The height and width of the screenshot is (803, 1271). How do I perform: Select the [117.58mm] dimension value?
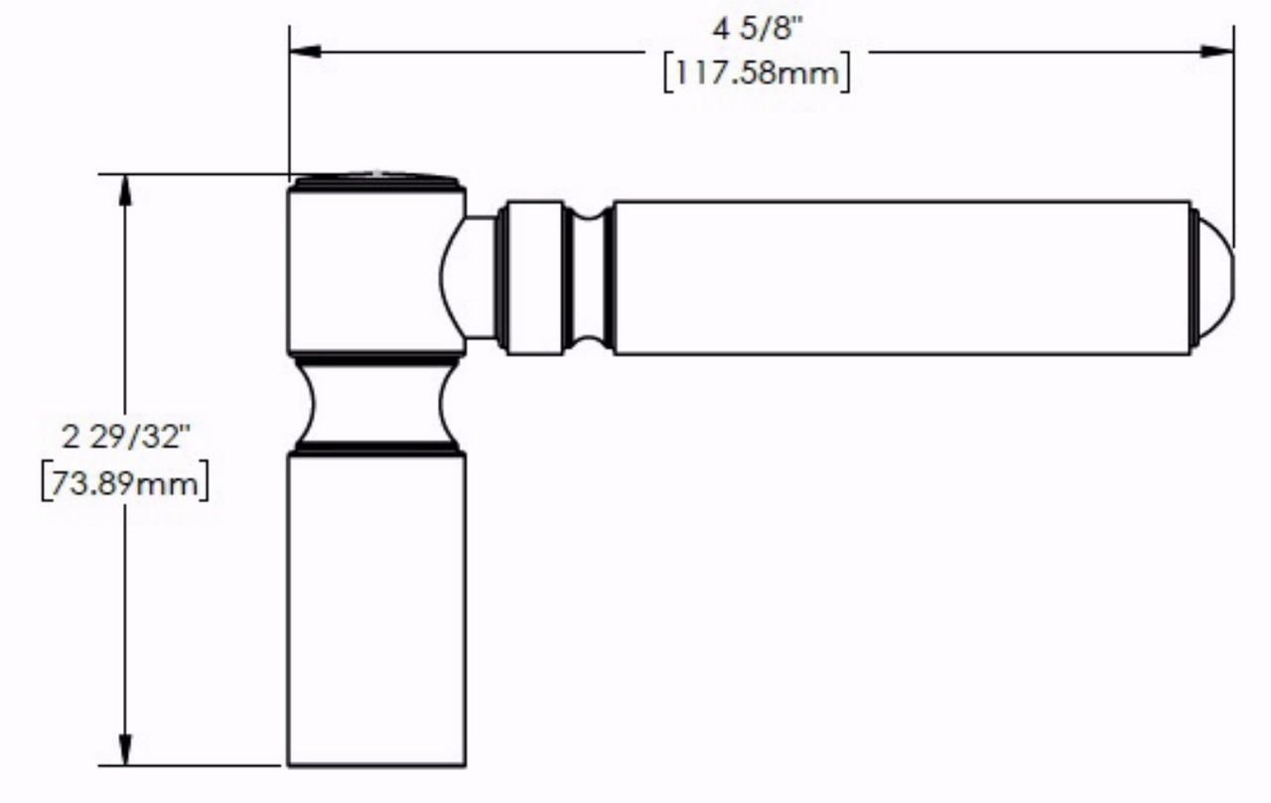coord(757,73)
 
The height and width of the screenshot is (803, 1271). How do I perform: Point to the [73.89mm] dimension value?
coord(124,485)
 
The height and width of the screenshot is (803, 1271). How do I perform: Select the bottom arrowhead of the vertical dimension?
coord(125,748)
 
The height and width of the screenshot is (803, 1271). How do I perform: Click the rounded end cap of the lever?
coord(1213,277)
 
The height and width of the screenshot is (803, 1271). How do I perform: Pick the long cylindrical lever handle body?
coord(899,277)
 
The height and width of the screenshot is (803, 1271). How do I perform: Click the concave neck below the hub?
coord(376,402)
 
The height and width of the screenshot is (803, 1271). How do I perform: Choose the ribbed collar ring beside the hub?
coord(531,277)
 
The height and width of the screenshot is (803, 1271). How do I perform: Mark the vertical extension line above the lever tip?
coord(1234,129)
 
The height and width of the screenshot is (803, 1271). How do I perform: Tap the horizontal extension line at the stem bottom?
coord(189,765)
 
